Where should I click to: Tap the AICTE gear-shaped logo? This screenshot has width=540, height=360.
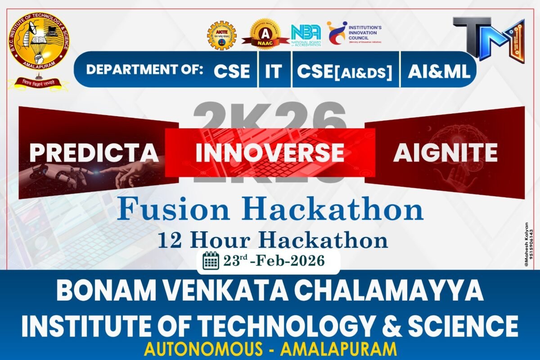pos(221,36)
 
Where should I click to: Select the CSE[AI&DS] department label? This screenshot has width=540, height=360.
pos(345,72)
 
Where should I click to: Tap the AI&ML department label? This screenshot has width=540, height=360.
pos(439,71)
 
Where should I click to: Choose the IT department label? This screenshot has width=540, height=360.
pos(273,72)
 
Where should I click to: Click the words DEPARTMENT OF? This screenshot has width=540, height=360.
pos(144,70)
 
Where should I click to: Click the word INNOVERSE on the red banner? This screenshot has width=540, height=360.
pos(270,153)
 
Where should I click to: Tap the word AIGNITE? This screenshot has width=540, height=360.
pos(445,153)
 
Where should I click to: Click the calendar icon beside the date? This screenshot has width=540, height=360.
pos(211,261)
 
